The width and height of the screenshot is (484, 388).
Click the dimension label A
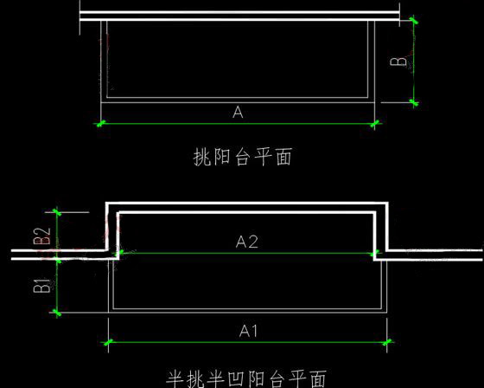(x=238, y=112)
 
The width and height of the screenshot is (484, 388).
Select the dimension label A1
(x=248, y=331)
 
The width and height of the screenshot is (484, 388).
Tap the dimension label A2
(x=246, y=242)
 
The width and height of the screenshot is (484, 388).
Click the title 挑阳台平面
(x=243, y=157)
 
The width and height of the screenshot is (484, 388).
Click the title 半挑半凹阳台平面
(x=246, y=378)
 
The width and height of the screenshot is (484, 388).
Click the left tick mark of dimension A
(x=101, y=124)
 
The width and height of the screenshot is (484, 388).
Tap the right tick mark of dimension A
(x=374, y=124)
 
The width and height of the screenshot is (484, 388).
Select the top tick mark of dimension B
(x=414, y=21)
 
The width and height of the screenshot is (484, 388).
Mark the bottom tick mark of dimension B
(x=414, y=102)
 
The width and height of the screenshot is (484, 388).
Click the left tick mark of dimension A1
(x=108, y=342)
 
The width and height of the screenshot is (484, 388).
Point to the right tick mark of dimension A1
(x=387, y=342)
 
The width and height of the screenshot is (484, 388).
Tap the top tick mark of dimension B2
(x=57, y=212)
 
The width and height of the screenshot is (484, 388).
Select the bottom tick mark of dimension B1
(x=57, y=313)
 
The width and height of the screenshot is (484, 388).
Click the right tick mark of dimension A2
(x=374, y=254)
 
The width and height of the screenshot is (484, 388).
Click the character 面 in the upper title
(x=283, y=157)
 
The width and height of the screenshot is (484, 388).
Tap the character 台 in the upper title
(x=243, y=157)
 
